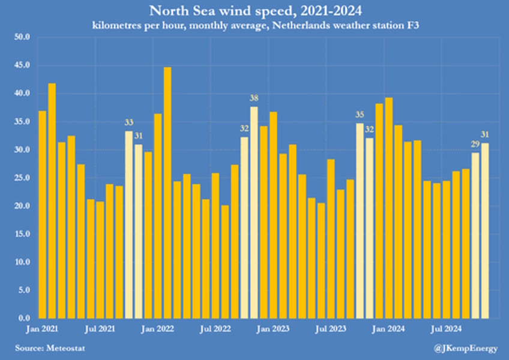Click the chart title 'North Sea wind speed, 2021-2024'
click(254, 11)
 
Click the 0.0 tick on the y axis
click(24, 318)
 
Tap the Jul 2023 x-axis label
click(331, 329)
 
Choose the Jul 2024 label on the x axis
click(447, 329)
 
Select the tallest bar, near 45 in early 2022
click(167, 192)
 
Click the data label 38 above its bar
click(254, 98)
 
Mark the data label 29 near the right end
click(474, 145)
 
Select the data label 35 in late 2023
click(360, 115)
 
